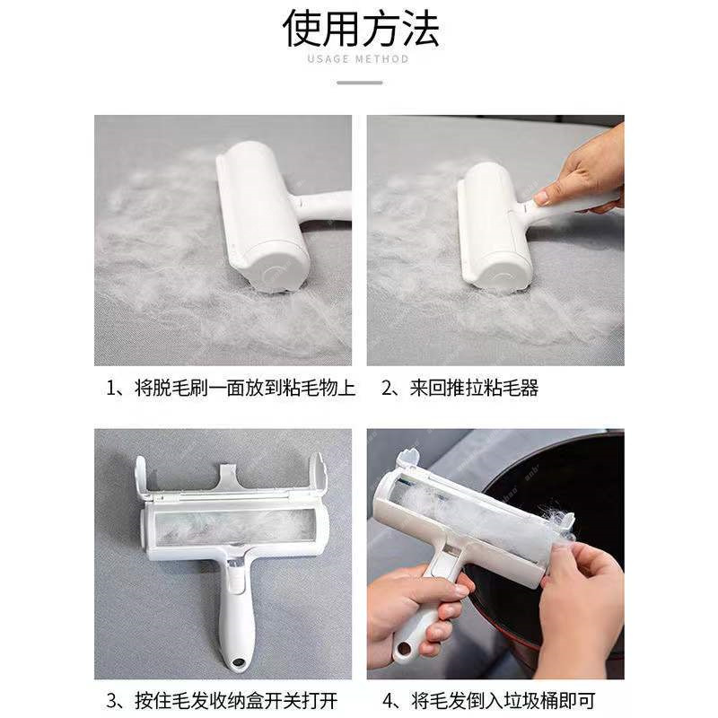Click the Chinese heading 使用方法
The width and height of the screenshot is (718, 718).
tap(361, 29)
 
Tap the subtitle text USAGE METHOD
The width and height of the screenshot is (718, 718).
tap(358, 59)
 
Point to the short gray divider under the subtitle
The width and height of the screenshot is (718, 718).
tap(359, 83)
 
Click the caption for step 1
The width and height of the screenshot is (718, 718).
tap(231, 389)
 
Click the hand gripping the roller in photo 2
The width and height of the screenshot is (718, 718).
tap(583, 171)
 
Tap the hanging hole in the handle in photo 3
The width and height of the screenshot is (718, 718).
tap(237, 665)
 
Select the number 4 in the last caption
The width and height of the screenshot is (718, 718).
tap(389, 700)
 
